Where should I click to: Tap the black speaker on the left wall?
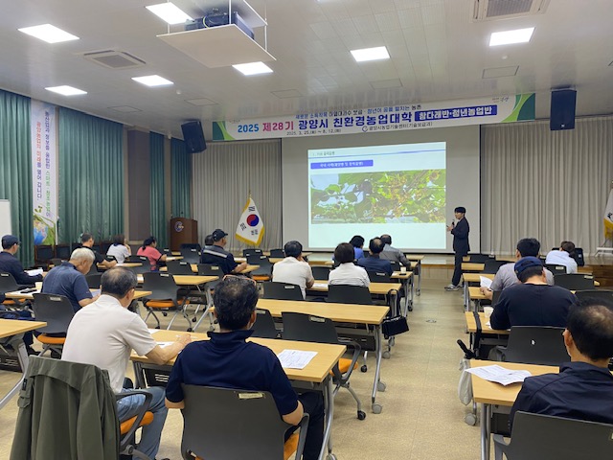click(193, 136)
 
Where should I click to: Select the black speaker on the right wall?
click(562, 109)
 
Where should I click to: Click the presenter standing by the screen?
click(460, 246)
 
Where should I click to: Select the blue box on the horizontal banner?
click(455, 113)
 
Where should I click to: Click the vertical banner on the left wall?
click(43, 172)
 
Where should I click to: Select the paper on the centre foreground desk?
click(295, 358)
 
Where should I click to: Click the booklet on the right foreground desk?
click(498, 374)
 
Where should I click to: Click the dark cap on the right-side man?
click(528, 264)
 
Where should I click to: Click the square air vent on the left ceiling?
click(113, 58)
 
